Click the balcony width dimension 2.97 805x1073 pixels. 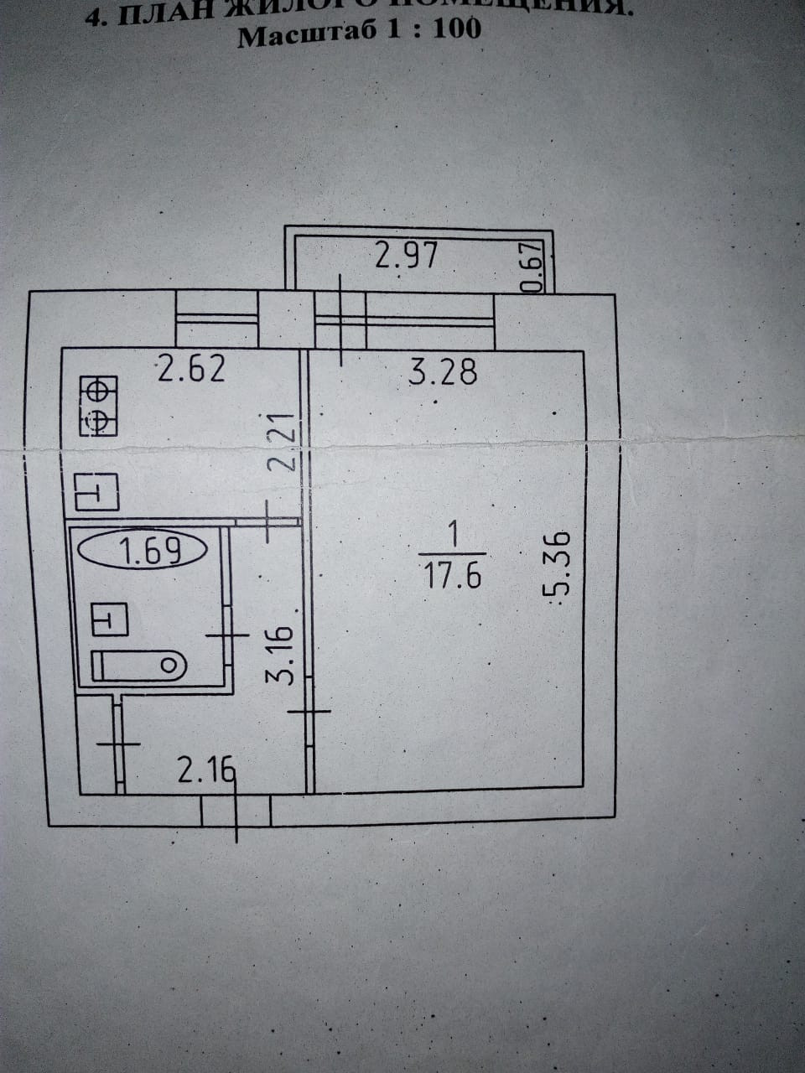click(406, 254)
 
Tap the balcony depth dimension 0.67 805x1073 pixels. click(535, 267)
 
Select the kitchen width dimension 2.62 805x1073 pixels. click(192, 369)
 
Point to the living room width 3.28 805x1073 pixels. click(443, 371)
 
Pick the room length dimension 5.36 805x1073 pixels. click(558, 562)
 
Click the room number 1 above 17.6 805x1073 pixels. click(453, 534)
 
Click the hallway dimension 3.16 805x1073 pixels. click(285, 654)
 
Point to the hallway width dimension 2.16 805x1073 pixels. click(204, 770)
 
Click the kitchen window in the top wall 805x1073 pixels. click(217, 319)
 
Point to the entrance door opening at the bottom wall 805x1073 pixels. click(236, 811)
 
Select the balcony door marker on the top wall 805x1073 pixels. click(341, 319)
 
